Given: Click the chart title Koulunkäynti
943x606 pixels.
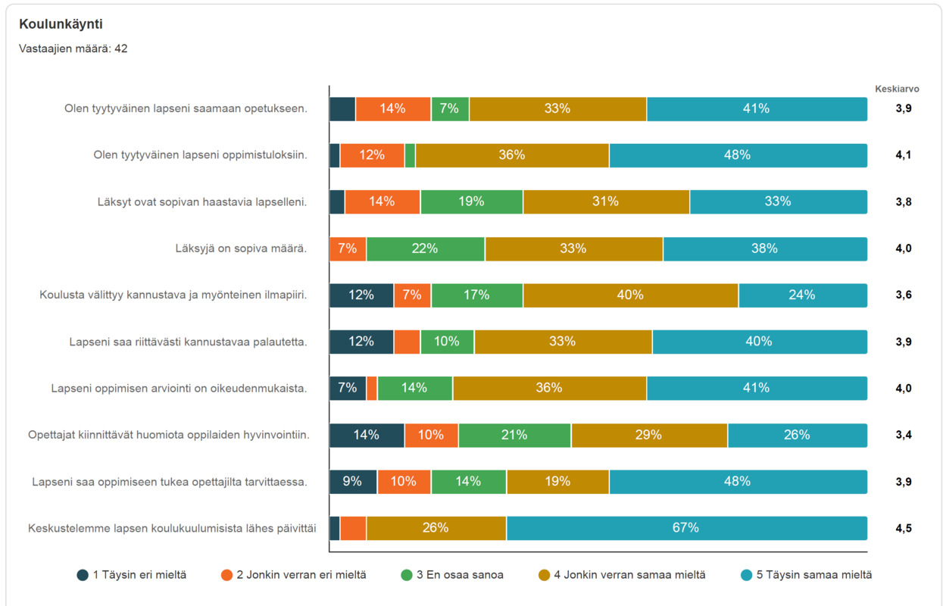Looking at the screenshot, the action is point(61,24).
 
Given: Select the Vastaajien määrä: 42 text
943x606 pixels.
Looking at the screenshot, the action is point(73,48).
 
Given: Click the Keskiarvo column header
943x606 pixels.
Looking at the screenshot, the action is point(897,89).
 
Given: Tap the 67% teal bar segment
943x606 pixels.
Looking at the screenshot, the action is point(687,528).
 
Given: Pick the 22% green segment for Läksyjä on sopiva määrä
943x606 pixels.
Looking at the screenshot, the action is point(425,248).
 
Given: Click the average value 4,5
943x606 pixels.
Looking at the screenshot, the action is point(904,528).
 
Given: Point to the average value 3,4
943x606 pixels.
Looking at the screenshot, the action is point(904,435).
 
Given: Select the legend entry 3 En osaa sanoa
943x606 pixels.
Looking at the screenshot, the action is point(452,575).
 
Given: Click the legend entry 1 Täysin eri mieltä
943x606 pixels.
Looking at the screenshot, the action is point(131,575).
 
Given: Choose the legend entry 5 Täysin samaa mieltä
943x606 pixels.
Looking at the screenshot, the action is point(806,575).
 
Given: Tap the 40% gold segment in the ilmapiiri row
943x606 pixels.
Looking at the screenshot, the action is point(631,295).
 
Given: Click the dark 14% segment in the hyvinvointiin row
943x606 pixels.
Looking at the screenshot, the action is point(367,435).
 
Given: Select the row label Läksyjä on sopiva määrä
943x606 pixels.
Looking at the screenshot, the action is point(241,248).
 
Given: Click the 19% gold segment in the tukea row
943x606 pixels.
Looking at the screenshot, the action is point(557,481).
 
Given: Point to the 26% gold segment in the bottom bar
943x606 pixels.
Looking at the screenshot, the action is point(436,528).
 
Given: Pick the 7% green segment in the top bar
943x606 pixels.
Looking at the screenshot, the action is point(450,109).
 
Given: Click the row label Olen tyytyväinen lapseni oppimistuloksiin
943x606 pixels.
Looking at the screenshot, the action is point(201,155).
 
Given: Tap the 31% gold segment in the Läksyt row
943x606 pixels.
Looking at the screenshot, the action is point(606,201).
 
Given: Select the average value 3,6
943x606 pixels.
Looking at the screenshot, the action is point(904,295).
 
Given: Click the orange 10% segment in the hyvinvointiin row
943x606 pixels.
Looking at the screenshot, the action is point(431,435).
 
